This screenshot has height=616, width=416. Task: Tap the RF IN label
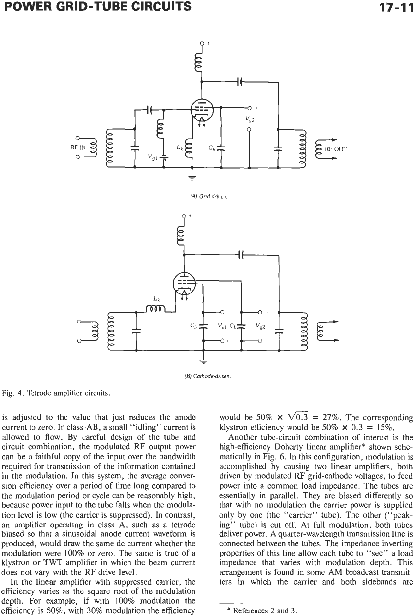click(x=78, y=147)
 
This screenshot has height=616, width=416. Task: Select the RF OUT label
click(x=336, y=149)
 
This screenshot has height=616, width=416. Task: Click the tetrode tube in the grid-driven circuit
click(x=202, y=110)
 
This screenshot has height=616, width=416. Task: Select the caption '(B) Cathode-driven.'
click(x=207, y=376)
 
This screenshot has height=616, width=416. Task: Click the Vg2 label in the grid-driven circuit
click(x=248, y=118)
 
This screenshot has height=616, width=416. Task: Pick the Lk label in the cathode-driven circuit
click(x=157, y=298)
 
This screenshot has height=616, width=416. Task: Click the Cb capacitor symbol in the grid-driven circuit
click(x=221, y=148)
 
